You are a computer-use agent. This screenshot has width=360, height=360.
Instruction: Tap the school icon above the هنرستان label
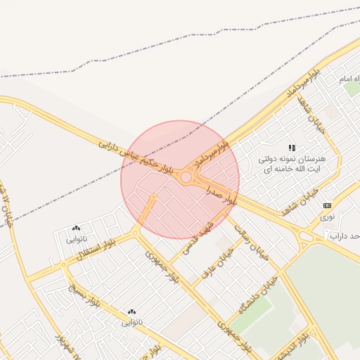pos(292,147)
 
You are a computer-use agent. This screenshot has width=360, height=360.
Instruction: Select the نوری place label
pos(328,217)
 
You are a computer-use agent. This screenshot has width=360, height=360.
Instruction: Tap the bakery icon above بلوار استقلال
pos(76,228)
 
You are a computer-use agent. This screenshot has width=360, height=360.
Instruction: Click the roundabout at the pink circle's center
pos(186,178)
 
